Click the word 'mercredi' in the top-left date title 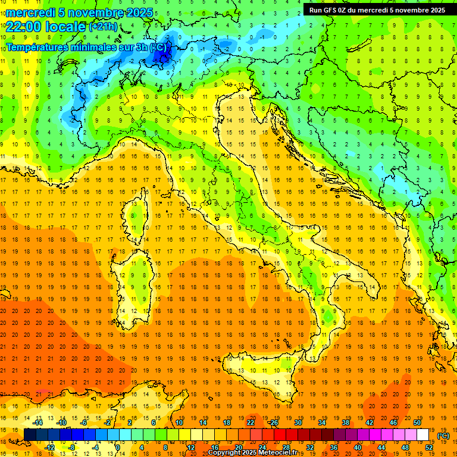point(30,12)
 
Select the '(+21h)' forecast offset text point(103,26)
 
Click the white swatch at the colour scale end point(422,435)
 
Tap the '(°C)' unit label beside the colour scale point(443,436)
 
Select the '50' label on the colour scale point(417,422)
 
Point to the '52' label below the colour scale point(428,447)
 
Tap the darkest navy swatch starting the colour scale point(30,435)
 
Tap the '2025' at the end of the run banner point(434,10)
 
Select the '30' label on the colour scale point(298,422)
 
